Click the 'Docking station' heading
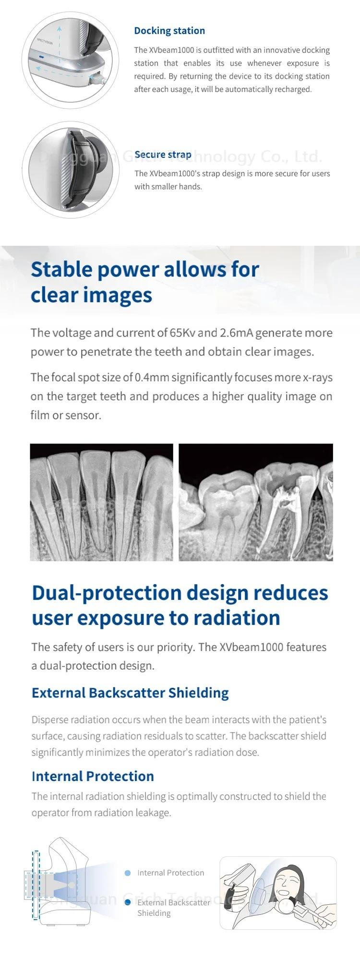pos(169,31)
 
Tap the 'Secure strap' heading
pos(163,155)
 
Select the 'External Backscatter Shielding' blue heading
pos(130,693)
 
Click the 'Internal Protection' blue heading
pos(93,776)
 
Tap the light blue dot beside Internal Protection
pos(128,873)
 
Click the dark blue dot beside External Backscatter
pos(128,902)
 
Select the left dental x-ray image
pos(101,502)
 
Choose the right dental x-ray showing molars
pos(256,502)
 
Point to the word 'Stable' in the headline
pos(61,269)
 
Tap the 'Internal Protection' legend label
pos(171,873)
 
